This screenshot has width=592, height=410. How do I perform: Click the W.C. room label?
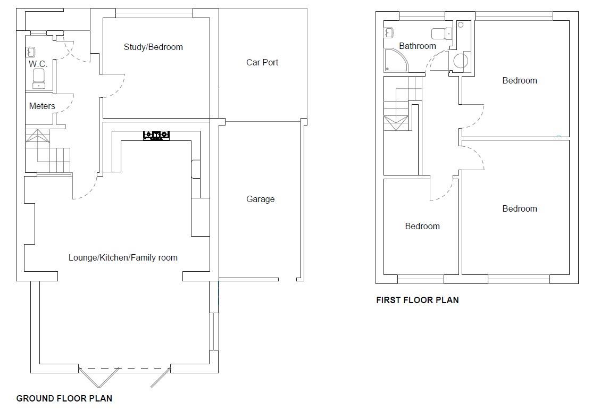(x=38, y=64)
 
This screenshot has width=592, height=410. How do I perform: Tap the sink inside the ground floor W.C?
(x=31, y=52)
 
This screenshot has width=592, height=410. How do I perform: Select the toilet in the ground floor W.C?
(x=38, y=78)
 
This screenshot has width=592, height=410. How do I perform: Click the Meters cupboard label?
(x=42, y=106)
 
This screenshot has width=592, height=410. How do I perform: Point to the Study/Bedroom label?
(x=153, y=47)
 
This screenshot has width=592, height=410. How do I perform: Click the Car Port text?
(x=262, y=62)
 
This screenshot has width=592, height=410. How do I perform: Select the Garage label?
(x=261, y=199)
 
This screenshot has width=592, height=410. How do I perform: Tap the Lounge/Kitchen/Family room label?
(x=123, y=257)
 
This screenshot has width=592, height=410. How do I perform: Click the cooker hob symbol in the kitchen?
(x=156, y=136)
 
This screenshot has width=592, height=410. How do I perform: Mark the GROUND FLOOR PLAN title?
(x=64, y=398)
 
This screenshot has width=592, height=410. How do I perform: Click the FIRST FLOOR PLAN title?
(x=417, y=300)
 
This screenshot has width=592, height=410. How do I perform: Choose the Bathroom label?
(x=418, y=46)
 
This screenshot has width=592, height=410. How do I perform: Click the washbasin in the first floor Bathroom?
(x=388, y=32)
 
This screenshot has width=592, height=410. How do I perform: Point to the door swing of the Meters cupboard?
(x=65, y=104)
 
